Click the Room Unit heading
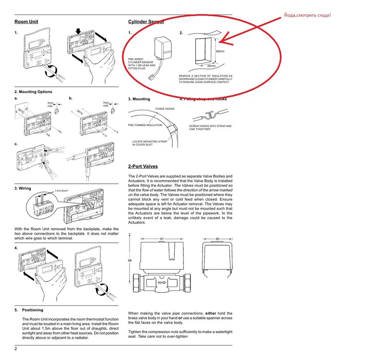(x=26, y=22)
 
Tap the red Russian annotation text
(x=307, y=15)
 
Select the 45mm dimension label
(x=211, y=66)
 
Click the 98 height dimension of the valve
(x=130, y=260)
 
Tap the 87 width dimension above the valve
(x=162, y=239)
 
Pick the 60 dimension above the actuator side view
(x=217, y=239)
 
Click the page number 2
(x=16, y=348)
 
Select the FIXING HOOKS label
(x=165, y=109)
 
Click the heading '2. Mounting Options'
(x=33, y=92)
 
